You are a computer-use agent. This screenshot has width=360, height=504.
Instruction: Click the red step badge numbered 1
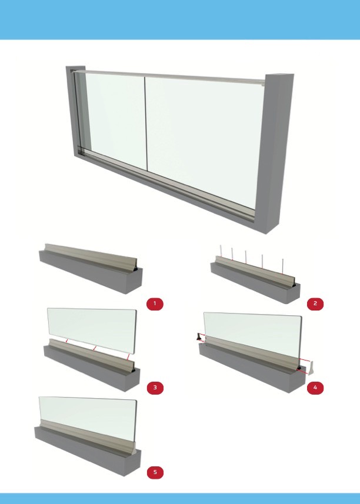[x=155, y=303]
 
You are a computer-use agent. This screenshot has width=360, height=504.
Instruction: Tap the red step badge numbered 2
[x=315, y=303]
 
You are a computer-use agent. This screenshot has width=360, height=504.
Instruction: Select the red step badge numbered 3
[x=155, y=388]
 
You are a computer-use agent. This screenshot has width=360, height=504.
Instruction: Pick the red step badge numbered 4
[x=315, y=388]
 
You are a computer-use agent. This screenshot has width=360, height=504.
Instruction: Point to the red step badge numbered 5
[x=155, y=472]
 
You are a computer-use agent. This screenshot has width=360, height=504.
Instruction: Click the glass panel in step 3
[x=92, y=329]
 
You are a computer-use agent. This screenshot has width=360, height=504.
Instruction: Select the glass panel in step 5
[x=88, y=418]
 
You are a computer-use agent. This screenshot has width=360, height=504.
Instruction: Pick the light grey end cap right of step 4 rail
[x=311, y=368]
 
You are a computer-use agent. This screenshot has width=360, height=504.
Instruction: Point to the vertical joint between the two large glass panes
[x=146, y=124]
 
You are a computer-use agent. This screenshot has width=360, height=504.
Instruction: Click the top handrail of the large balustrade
[x=169, y=76]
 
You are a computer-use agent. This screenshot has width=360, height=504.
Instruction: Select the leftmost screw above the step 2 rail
[x=221, y=251]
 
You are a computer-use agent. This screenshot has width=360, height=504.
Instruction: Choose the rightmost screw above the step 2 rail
[x=282, y=266]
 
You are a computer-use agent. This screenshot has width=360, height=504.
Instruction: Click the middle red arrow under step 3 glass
[x=94, y=348]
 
